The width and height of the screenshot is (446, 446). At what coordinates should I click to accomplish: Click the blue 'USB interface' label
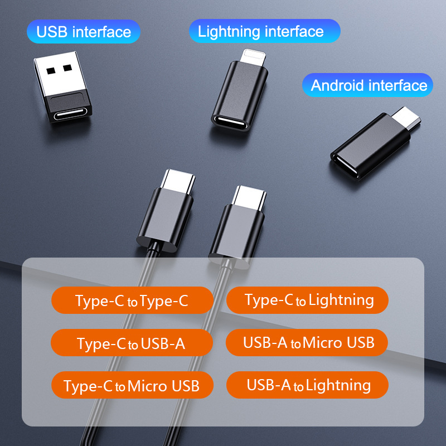pos(83,32)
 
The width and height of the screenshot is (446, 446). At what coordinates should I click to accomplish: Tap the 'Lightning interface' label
pos(264,31)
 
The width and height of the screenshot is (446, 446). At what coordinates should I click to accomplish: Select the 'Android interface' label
pos(367,85)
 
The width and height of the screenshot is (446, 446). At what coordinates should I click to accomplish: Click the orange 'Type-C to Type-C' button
pos(132,300)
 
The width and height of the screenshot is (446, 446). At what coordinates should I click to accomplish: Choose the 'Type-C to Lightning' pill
pos(307,300)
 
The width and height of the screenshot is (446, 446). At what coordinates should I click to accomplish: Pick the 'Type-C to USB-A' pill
pos(132,342)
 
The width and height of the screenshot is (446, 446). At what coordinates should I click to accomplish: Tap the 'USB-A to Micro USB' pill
pos(307,342)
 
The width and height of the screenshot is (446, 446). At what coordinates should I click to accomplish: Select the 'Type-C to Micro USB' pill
pos(132,385)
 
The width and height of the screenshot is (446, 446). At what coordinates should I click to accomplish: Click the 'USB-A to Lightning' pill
pos(307,385)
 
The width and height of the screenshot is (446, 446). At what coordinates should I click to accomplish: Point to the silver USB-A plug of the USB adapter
pos(60,74)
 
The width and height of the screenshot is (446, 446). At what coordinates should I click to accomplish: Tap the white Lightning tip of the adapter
pos(253,57)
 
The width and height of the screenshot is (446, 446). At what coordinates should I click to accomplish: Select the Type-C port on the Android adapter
pos(346,166)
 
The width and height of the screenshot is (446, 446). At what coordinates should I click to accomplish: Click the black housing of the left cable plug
pos(165,220)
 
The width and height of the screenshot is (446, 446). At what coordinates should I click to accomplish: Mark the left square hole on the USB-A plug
pos(51,71)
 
